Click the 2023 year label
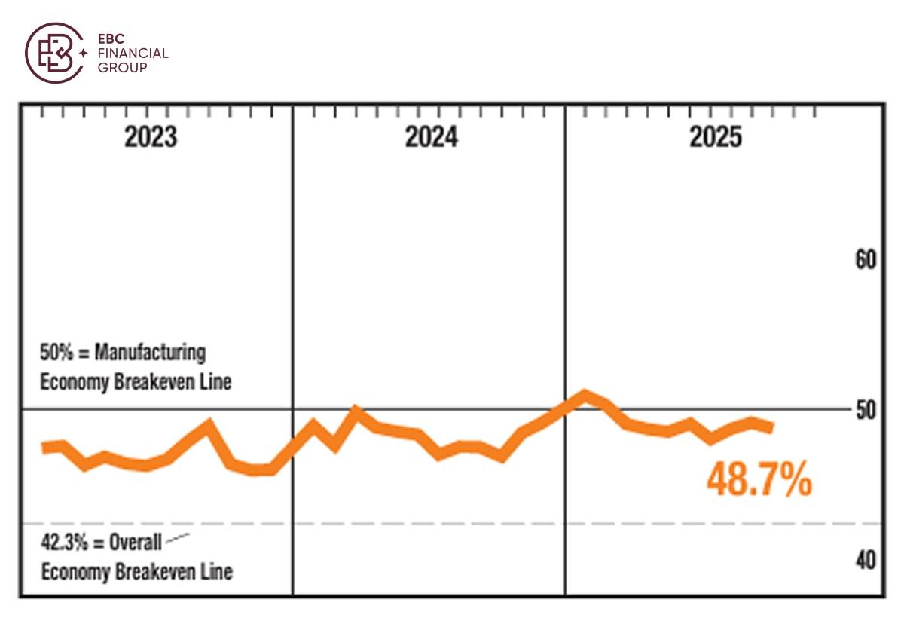[151, 137]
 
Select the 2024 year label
[431, 137]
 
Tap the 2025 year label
[715, 137]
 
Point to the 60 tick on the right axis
[866, 261]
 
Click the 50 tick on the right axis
[866, 410]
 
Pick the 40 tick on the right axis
[866, 561]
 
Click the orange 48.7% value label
[759, 480]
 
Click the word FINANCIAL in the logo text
[133, 54]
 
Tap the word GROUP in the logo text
[122, 67]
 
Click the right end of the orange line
[770, 427]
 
